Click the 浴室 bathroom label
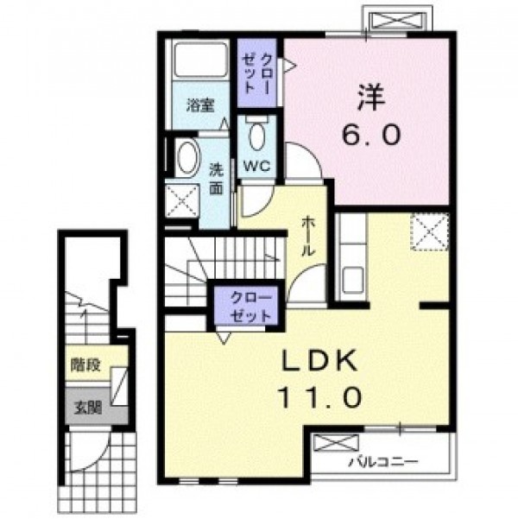pyautogui.click(x=200, y=105)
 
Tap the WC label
pyautogui.click(x=257, y=166)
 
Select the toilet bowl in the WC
pyautogui.click(x=257, y=136)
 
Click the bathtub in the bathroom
pyautogui.click(x=200, y=60)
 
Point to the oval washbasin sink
pyautogui.click(x=188, y=157)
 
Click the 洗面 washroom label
pyautogui.click(x=216, y=179)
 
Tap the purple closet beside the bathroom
pyautogui.click(x=257, y=73)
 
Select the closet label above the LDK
pyautogui.click(x=250, y=307)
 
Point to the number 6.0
pyautogui.click(x=371, y=135)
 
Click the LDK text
pyautogui.click(x=319, y=360)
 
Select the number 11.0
pyautogui.click(x=319, y=397)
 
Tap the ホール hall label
pyautogui.click(x=306, y=236)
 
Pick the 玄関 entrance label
pyautogui.click(x=87, y=408)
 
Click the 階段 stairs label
pyautogui.click(x=85, y=365)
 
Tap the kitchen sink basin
pyautogui.click(x=353, y=279)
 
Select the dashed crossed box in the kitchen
pyautogui.click(x=430, y=231)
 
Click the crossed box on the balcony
pyautogui.click(x=337, y=443)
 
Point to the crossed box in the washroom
pyautogui.click(x=182, y=201)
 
